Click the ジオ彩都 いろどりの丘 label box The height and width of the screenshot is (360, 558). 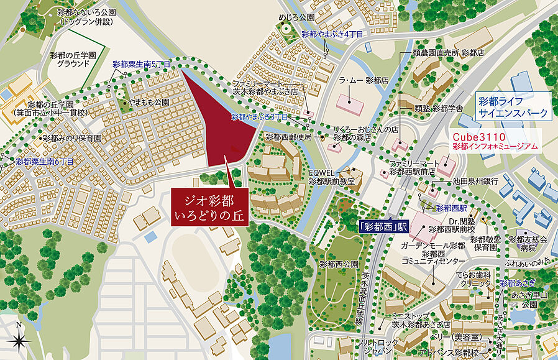[209, 208]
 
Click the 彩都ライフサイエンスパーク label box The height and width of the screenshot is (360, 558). [513, 106]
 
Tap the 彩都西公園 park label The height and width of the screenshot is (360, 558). [339, 264]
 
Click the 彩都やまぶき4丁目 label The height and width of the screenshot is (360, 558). [329, 34]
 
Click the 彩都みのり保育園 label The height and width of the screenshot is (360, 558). [71, 139]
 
